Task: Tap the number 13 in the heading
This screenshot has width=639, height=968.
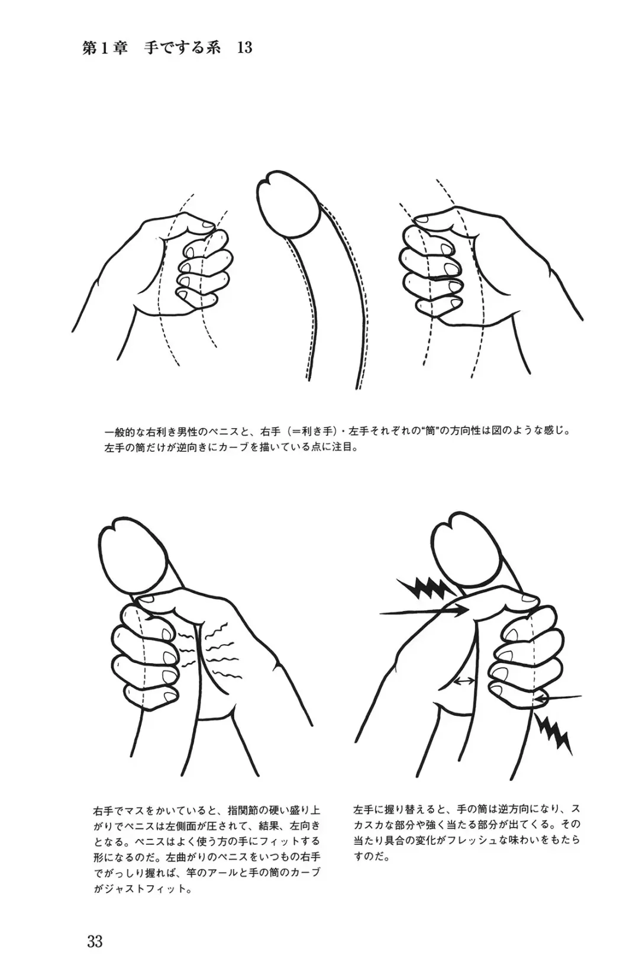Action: pos(244,47)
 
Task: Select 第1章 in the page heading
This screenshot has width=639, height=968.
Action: pos(105,47)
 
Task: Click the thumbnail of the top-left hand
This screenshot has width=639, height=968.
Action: pos(205,223)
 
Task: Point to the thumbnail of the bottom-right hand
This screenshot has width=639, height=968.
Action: pos(527,597)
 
